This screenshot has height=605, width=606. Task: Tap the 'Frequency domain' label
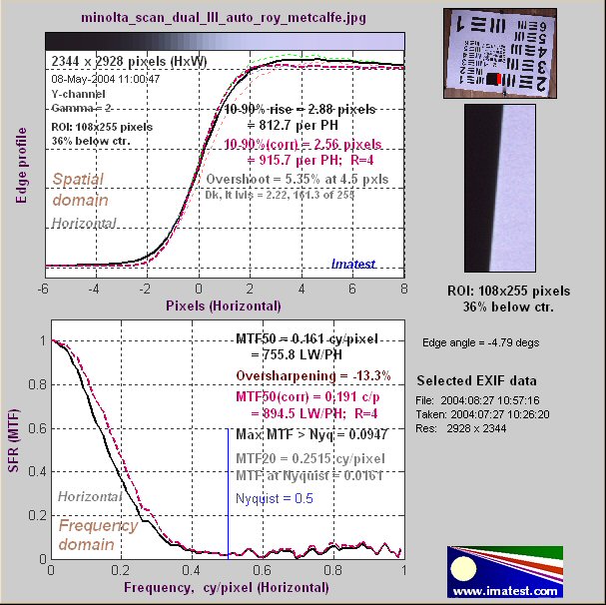click(93, 534)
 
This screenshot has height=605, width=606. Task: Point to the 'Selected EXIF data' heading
click(475, 381)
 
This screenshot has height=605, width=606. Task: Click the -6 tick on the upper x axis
click(44, 289)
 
